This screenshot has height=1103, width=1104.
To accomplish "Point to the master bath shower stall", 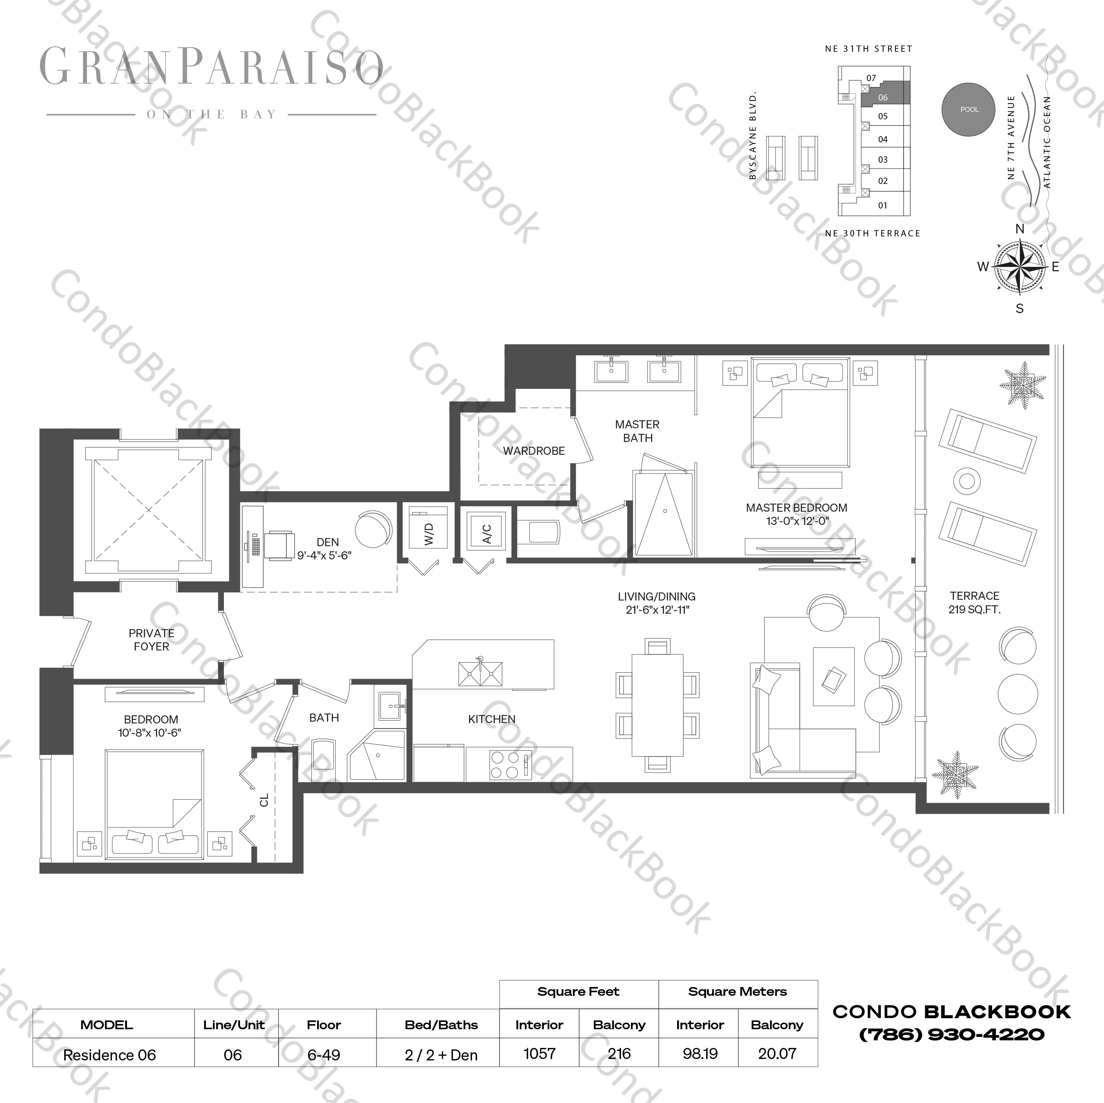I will (x=664, y=513).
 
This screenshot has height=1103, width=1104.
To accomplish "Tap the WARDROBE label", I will (x=534, y=451).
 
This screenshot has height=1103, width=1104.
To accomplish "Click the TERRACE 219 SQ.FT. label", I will (x=974, y=602).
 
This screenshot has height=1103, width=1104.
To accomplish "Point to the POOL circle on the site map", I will (x=969, y=110).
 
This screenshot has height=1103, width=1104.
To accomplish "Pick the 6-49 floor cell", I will (x=323, y=1055).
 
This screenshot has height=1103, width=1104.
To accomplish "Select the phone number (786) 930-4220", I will (x=951, y=1034).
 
